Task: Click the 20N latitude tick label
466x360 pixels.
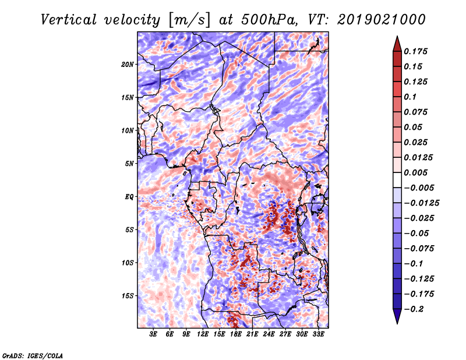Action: (x=128, y=64)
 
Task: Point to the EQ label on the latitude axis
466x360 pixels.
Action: (x=130, y=197)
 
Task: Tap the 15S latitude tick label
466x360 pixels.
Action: (x=128, y=296)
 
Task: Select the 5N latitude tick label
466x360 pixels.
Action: (x=129, y=164)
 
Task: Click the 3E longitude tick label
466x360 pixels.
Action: (x=154, y=335)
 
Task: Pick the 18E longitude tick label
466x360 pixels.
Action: (x=236, y=335)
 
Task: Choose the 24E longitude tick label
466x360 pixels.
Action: (x=269, y=335)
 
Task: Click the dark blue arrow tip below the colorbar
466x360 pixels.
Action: (x=397, y=319)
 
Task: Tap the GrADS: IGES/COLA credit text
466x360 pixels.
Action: (x=33, y=355)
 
